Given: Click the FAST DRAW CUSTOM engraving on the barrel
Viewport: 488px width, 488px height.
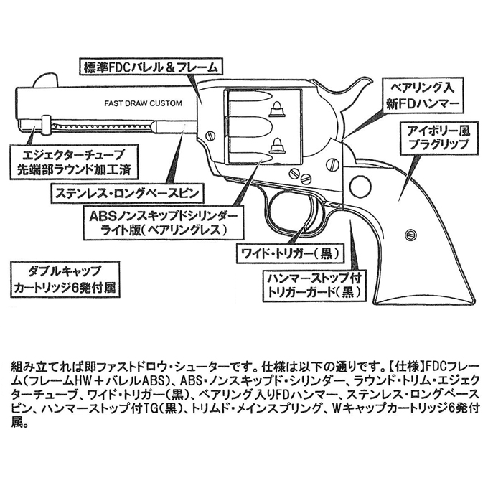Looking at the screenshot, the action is tap(143, 103).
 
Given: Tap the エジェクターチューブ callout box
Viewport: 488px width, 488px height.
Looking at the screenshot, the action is tap(74, 161).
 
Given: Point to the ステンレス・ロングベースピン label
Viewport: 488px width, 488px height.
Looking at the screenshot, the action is tap(127, 193).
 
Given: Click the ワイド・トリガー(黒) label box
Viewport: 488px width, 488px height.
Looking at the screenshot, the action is tap(288, 253).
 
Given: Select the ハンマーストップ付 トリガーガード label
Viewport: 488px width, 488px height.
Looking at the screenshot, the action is tap(314, 285).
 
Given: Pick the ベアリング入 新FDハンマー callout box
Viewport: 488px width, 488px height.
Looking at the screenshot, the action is tap(423, 97).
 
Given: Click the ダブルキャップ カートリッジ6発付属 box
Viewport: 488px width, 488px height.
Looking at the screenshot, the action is tap(65, 279).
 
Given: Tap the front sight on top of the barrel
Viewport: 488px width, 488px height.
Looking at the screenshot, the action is tap(45, 81).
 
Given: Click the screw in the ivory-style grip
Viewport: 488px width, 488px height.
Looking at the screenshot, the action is tap(410, 235).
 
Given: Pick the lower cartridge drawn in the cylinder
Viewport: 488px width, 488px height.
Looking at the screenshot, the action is tap(277, 146).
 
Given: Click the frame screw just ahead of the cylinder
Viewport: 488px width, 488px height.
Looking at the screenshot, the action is tap(211, 136).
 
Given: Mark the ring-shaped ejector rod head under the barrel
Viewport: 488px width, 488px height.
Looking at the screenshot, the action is tap(46, 124).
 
